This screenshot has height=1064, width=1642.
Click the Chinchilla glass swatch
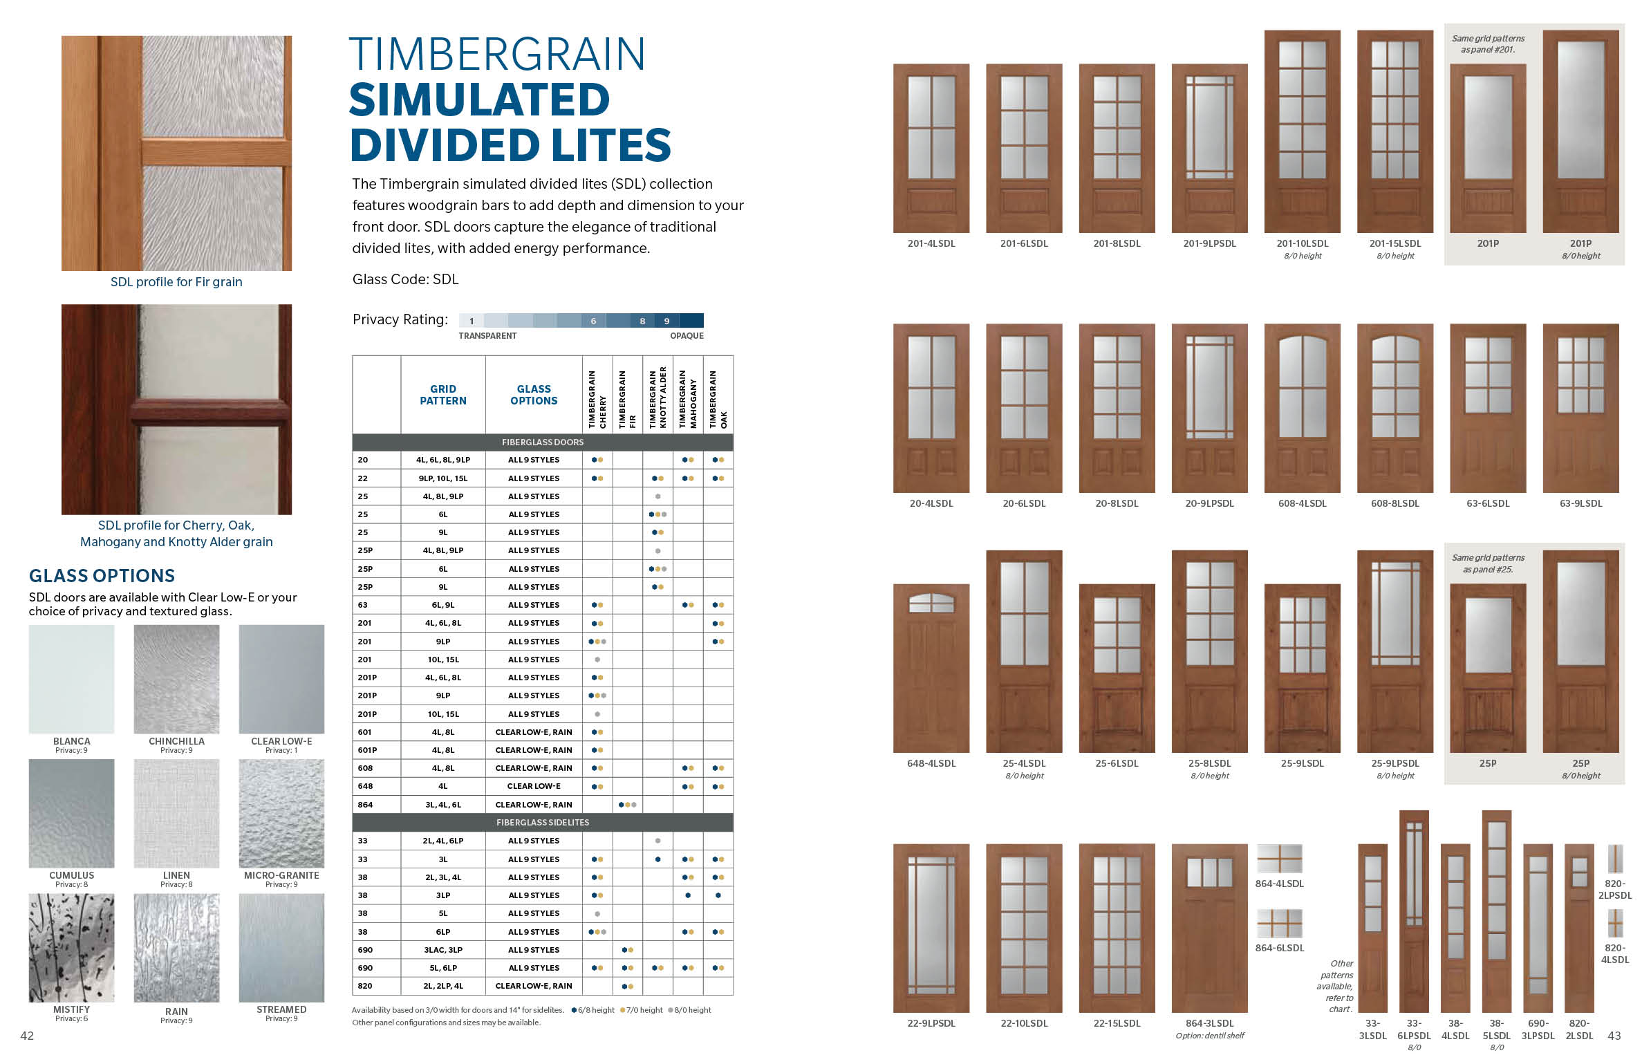(x=176, y=679)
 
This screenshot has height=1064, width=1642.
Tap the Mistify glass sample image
(x=71, y=947)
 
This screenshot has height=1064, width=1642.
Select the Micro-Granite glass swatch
(x=281, y=813)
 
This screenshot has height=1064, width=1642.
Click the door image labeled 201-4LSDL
(x=931, y=148)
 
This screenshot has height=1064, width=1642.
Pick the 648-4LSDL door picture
(x=931, y=668)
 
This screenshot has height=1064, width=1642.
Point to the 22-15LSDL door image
(x=1117, y=928)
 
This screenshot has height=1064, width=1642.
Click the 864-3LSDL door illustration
(x=1209, y=928)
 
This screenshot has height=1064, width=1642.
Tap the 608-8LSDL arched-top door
(x=1394, y=408)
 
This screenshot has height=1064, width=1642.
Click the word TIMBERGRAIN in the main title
(x=497, y=55)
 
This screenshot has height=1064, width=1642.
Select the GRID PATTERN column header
(x=443, y=395)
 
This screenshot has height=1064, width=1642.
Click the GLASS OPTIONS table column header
(x=534, y=395)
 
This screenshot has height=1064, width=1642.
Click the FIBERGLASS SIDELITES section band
(x=543, y=823)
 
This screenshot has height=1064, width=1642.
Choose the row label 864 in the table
(x=365, y=805)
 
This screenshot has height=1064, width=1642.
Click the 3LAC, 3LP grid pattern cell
(x=443, y=950)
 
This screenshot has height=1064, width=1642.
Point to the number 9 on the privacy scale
(x=666, y=321)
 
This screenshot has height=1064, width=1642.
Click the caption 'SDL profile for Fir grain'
(x=176, y=282)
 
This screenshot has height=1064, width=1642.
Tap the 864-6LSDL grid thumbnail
(x=1279, y=924)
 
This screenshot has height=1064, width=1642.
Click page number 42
(x=27, y=1036)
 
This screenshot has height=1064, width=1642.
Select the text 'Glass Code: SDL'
(x=405, y=279)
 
